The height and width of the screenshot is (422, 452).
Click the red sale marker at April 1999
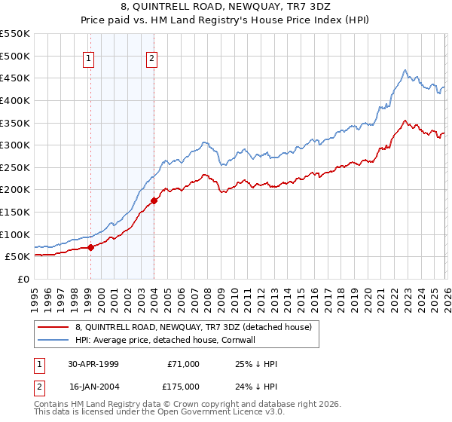coord(91,246)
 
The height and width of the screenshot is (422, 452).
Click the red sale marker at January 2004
coord(154,200)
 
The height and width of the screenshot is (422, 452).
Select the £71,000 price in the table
coord(183,363)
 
